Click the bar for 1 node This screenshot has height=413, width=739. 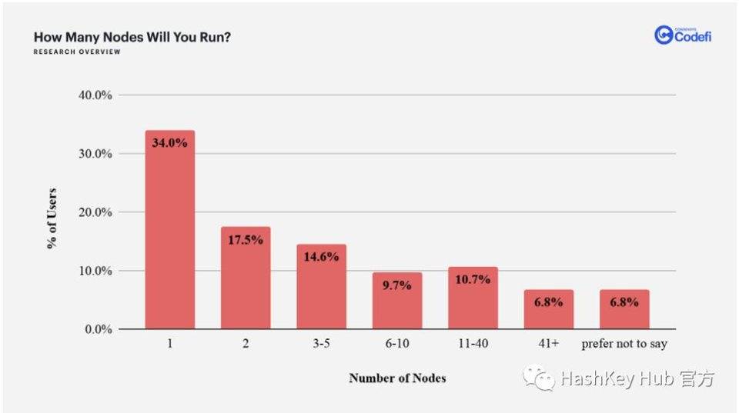(x=169, y=231)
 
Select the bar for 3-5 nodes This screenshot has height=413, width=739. (x=321, y=288)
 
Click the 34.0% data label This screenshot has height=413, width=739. (x=169, y=142)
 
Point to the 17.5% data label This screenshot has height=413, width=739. (x=246, y=239)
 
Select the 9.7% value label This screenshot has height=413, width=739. (x=397, y=285)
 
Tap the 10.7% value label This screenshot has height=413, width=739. (x=473, y=279)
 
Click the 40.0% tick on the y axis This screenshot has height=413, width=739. (x=96, y=95)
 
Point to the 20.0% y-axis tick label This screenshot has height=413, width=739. (x=96, y=212)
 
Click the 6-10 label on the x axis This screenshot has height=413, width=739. (x=397, y=345)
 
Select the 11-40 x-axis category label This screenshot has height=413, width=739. (x=473, y=345)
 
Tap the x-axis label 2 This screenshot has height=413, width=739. (x=246, y=345)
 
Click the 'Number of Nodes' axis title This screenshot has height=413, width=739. (x=397, y=378)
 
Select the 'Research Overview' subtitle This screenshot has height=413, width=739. (x=77, y=52)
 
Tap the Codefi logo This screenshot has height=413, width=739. (x=683, y=35)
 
